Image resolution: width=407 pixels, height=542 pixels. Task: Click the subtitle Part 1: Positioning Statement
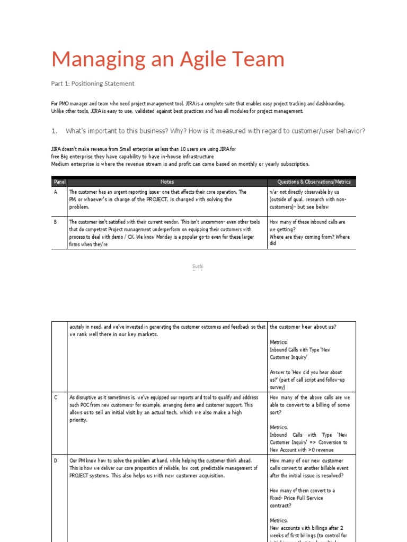[93, 84]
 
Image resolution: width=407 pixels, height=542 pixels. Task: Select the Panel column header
[59, 182]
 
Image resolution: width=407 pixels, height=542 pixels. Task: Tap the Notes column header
[167, 182]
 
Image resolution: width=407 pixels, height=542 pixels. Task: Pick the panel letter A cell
[56, 192]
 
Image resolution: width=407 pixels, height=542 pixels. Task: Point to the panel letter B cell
[56, 222]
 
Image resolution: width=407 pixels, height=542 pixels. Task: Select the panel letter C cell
[56, 398]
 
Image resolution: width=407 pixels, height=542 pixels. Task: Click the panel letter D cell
[56, 461]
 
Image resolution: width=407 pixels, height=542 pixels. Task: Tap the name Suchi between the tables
[197, 267]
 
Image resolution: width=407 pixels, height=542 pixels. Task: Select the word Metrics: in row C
[279, 427]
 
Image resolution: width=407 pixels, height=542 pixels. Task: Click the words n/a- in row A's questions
[275, 192]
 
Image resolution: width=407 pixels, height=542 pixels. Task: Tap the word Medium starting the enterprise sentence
[60, 164]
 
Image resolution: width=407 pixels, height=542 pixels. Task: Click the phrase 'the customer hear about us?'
[303, 327]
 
